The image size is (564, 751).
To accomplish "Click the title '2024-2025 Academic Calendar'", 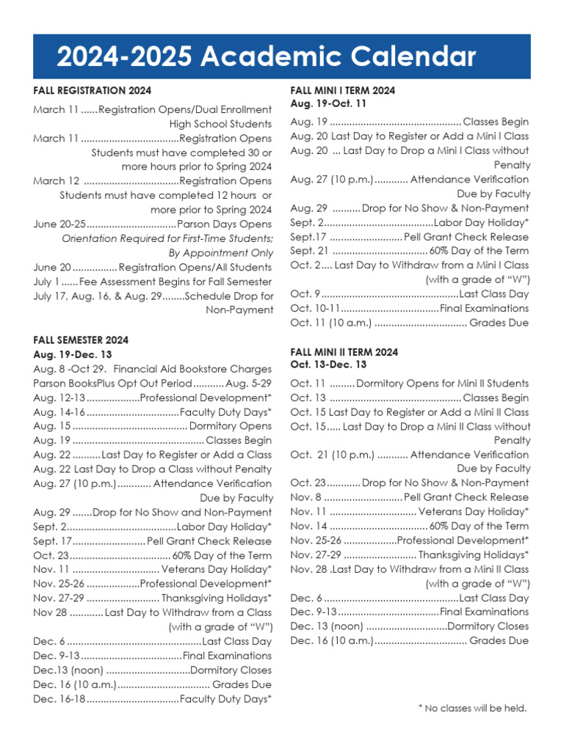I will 267,56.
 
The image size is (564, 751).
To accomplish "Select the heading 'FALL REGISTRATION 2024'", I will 93,91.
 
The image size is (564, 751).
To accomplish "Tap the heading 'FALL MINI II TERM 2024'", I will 344,352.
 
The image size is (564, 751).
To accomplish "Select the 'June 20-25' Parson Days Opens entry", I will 152,224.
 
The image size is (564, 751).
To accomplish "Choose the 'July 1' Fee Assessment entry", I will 152,282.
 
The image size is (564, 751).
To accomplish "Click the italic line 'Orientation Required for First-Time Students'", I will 167,238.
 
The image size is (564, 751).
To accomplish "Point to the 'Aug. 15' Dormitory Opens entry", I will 152,426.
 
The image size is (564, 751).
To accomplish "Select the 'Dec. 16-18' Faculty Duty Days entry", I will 152,699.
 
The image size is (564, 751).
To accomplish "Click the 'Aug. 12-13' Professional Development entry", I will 152,398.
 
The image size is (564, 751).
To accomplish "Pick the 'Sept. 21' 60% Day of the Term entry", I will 409,251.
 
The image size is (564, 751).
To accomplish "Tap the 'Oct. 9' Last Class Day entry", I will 409,294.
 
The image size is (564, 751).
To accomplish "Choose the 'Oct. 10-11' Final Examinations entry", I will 409,308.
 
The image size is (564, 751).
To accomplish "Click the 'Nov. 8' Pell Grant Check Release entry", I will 409,497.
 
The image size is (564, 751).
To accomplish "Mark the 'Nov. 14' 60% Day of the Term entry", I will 409,526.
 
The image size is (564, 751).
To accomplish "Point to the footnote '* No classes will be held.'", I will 472,708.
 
